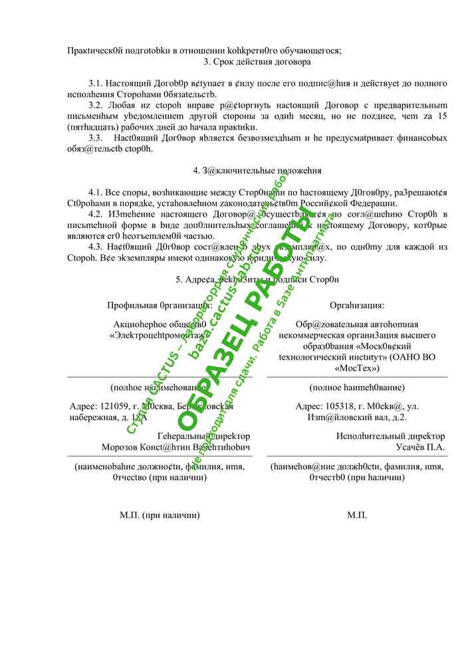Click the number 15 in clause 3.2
pos(442,116)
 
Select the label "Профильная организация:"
pos(160,305)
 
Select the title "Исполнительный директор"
pos(390,436)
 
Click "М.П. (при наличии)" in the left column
pos(160,515)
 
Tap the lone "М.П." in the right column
pos(357,515)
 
